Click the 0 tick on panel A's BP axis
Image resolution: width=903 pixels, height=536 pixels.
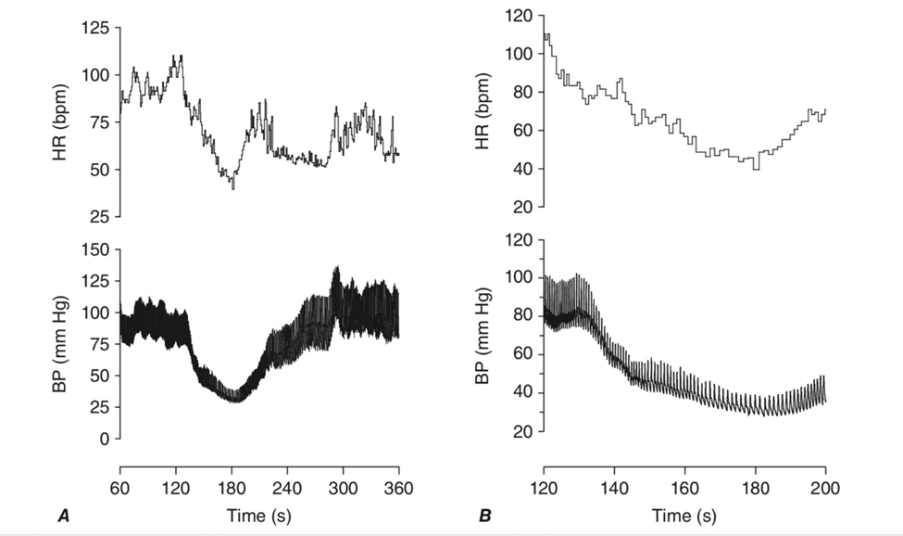[105, 439]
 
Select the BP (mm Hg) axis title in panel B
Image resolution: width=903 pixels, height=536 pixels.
[484, 338]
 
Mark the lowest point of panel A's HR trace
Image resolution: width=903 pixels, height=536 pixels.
[233, 188]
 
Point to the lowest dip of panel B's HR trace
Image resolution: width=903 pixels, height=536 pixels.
[757, 169]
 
